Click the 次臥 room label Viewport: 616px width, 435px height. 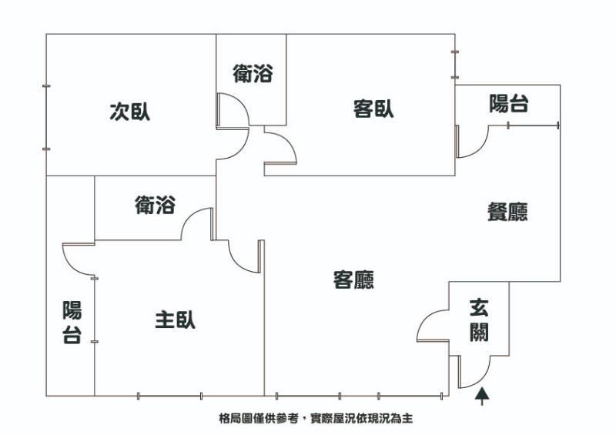129,112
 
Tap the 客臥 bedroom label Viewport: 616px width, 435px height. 373,109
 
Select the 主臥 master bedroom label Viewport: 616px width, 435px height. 175,319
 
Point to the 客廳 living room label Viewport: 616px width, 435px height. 353,279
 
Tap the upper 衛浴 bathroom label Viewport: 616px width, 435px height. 253,74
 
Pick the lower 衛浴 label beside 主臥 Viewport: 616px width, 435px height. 155,205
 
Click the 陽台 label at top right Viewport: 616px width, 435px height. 509,104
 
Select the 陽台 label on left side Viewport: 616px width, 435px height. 72,323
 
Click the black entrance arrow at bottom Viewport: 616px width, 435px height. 482,396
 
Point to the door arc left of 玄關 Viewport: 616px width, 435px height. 431,324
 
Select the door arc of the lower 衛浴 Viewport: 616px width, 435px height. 196,223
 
